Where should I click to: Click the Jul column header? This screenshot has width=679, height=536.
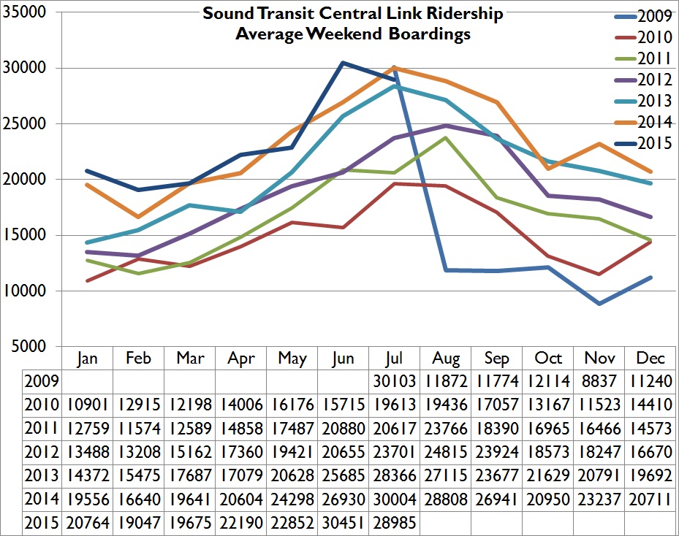[395, 358]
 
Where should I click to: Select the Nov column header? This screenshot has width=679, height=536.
[599, 358]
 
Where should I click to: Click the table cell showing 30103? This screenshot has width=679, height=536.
[395, 380]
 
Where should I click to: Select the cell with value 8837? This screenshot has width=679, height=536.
[599, 380]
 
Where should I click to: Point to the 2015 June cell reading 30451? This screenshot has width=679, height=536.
[344, 523]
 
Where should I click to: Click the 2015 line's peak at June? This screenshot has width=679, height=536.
[344, 63]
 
